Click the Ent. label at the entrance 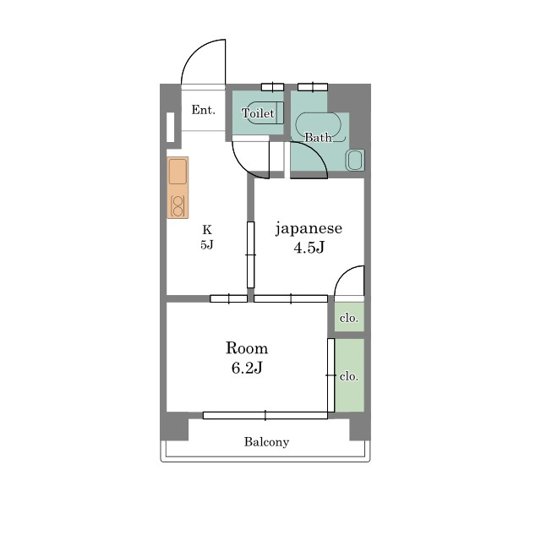(203, 110)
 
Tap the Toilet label (258, 113)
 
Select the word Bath (318, 137)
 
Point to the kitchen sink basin (178, 172)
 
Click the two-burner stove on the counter (178, 206)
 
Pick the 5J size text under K (206, 244)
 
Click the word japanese (309, 229)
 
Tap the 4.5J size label (309, 247)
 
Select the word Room (247, 347)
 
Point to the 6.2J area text (247, 368)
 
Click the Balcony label (266, 442)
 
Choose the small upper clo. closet (349, 317)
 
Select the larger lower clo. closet (349, 375)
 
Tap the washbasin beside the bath (355, 160)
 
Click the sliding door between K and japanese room (251, 254)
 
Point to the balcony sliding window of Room (265, 415)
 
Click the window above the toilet (272, 87)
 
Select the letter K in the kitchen (207, 229)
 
